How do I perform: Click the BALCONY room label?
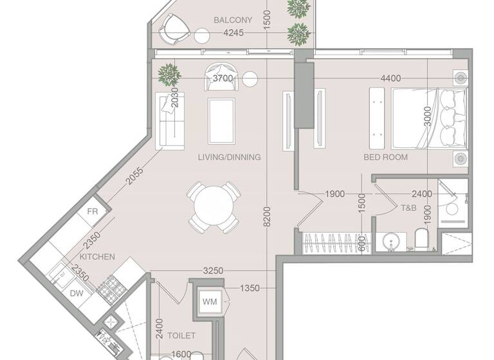click(x=232, y=20)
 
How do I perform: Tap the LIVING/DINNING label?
click(x=229, y=157)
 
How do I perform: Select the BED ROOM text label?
click(x=385, y=157)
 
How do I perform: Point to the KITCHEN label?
click(x=98, y=257)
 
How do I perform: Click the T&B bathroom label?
click(x=409, y=208)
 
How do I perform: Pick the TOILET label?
click(x=181, y=336)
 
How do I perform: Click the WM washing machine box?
click(x=210, y=301)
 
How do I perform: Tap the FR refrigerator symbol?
click(x=92, y=212)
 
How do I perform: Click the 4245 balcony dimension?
click(x=233, y=33)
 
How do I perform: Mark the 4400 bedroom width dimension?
click(x=390, y=78)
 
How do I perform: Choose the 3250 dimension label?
click(x=213, y=271)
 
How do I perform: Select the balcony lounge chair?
click(x=175, y=28)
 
